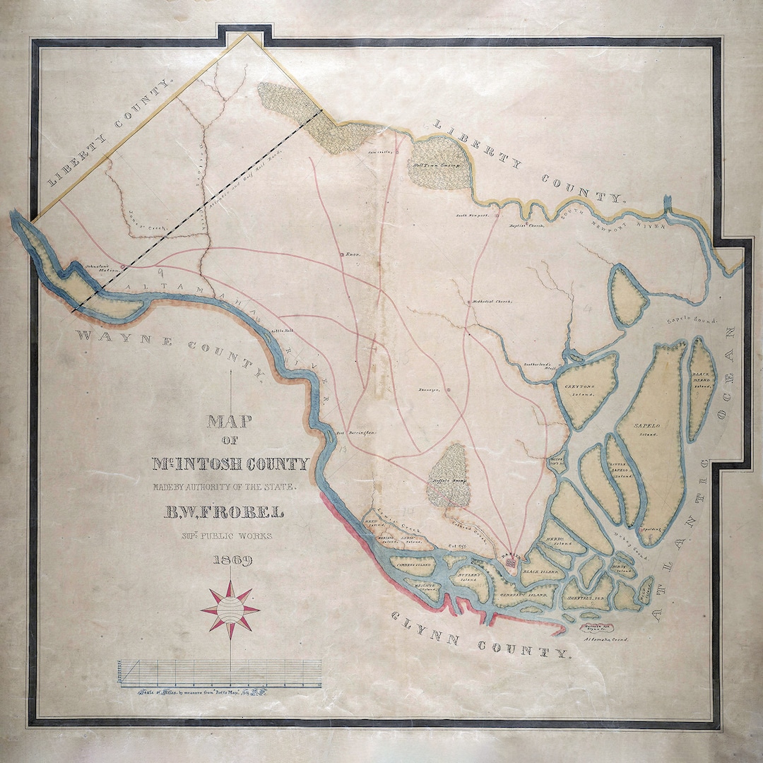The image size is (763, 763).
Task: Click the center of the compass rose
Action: click(230, 610)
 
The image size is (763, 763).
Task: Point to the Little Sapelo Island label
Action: click(621, 468)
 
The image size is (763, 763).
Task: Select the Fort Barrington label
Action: click(354, 431)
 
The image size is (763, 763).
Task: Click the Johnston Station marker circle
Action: click(122, 266)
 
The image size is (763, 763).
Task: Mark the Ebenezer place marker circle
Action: click(448, 388)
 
